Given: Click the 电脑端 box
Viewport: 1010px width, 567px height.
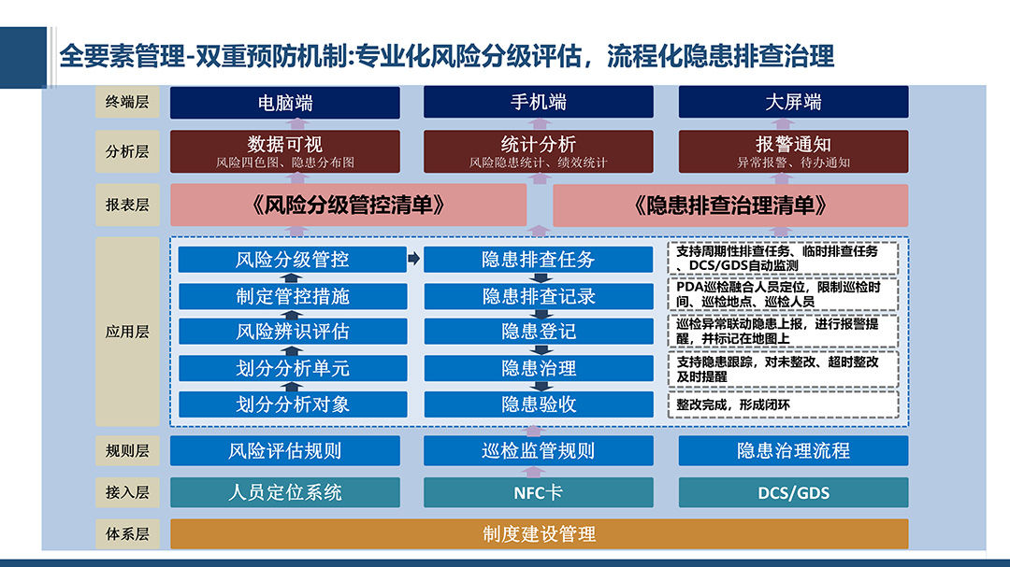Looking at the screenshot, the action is tap(284, 103).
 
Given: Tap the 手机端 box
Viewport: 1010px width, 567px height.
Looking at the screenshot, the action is tap(538, 102).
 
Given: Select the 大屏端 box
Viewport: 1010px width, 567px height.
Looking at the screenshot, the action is tap(793, 102).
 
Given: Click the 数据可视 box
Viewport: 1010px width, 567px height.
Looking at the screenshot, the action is tap(284, 151).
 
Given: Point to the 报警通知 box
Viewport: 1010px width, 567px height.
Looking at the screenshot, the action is tap(793, 151).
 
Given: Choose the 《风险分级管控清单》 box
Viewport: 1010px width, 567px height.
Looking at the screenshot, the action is tap(349, 206).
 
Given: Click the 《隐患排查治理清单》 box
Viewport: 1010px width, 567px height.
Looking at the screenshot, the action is tap(730, 206).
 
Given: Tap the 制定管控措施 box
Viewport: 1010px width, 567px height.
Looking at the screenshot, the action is tap(293, 297).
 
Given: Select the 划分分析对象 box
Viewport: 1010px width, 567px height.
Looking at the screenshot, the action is tap(293, 404).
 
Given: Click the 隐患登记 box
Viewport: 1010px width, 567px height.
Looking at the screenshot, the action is tap(538, 332).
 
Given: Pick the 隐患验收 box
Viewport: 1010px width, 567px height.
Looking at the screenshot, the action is tap(538, 404).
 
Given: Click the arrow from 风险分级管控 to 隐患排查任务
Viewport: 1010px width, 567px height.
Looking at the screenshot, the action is tap(414, 259).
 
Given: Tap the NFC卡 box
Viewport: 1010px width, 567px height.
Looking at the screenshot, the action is tap(538, 492).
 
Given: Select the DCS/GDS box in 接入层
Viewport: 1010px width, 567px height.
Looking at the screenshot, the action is tap(793, 492).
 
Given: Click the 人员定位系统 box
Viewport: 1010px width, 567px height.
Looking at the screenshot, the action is tap(284, 492).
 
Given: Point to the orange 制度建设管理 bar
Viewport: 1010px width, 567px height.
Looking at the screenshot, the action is tap(540, 533).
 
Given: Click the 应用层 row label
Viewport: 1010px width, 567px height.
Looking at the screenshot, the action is tap(127, 332).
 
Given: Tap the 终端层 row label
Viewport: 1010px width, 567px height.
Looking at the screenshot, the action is tap(127, 102).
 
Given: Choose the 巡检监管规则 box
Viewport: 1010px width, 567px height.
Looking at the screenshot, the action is tap(538, 450).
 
